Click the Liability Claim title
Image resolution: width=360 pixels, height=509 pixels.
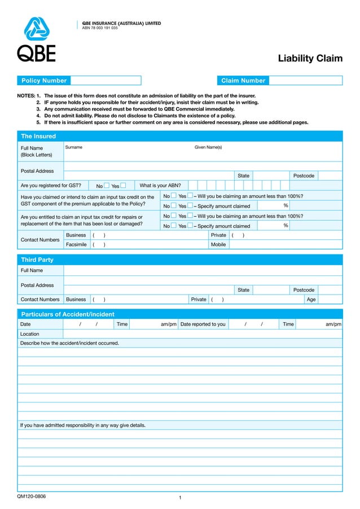coord(310,59)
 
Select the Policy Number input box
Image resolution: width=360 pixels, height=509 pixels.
coord(106,81)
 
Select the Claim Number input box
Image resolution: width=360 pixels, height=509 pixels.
coord(305,81)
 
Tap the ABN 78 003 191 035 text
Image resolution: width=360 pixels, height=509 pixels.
coord(100,28)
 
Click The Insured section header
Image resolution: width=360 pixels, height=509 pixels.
coord(38,136)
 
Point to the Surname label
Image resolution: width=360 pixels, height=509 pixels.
coord(74,147)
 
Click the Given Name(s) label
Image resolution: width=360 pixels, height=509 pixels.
coord(208,147)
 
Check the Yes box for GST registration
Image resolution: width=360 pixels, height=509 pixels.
coord(123,186)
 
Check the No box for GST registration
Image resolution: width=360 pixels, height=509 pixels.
coord(107,186)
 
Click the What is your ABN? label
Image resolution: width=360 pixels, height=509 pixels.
coord(160,186)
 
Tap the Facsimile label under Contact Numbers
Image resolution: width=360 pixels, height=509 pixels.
coord(76,245)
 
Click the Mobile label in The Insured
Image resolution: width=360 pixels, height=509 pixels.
coord(218,245)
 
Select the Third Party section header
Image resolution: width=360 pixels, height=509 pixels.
coord(37,260)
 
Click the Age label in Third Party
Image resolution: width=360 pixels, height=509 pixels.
coord(311,300)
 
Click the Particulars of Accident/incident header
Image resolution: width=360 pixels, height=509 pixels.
coord(68,314)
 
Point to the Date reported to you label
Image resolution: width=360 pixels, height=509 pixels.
coord(203,324)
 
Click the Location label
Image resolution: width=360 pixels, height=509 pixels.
coord(30,334)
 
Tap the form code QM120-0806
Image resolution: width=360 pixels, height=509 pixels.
coord(32,497)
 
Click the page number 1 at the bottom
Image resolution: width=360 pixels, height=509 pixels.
coord(179,498)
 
